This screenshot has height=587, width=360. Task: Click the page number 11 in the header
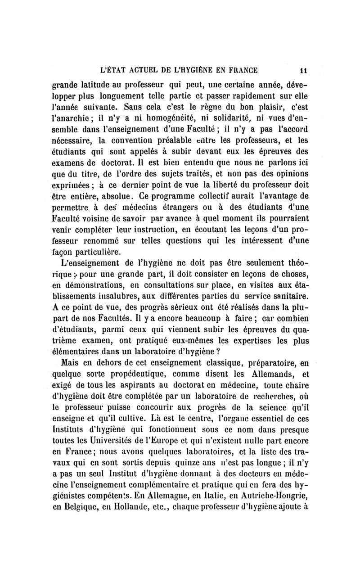[304, 70]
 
